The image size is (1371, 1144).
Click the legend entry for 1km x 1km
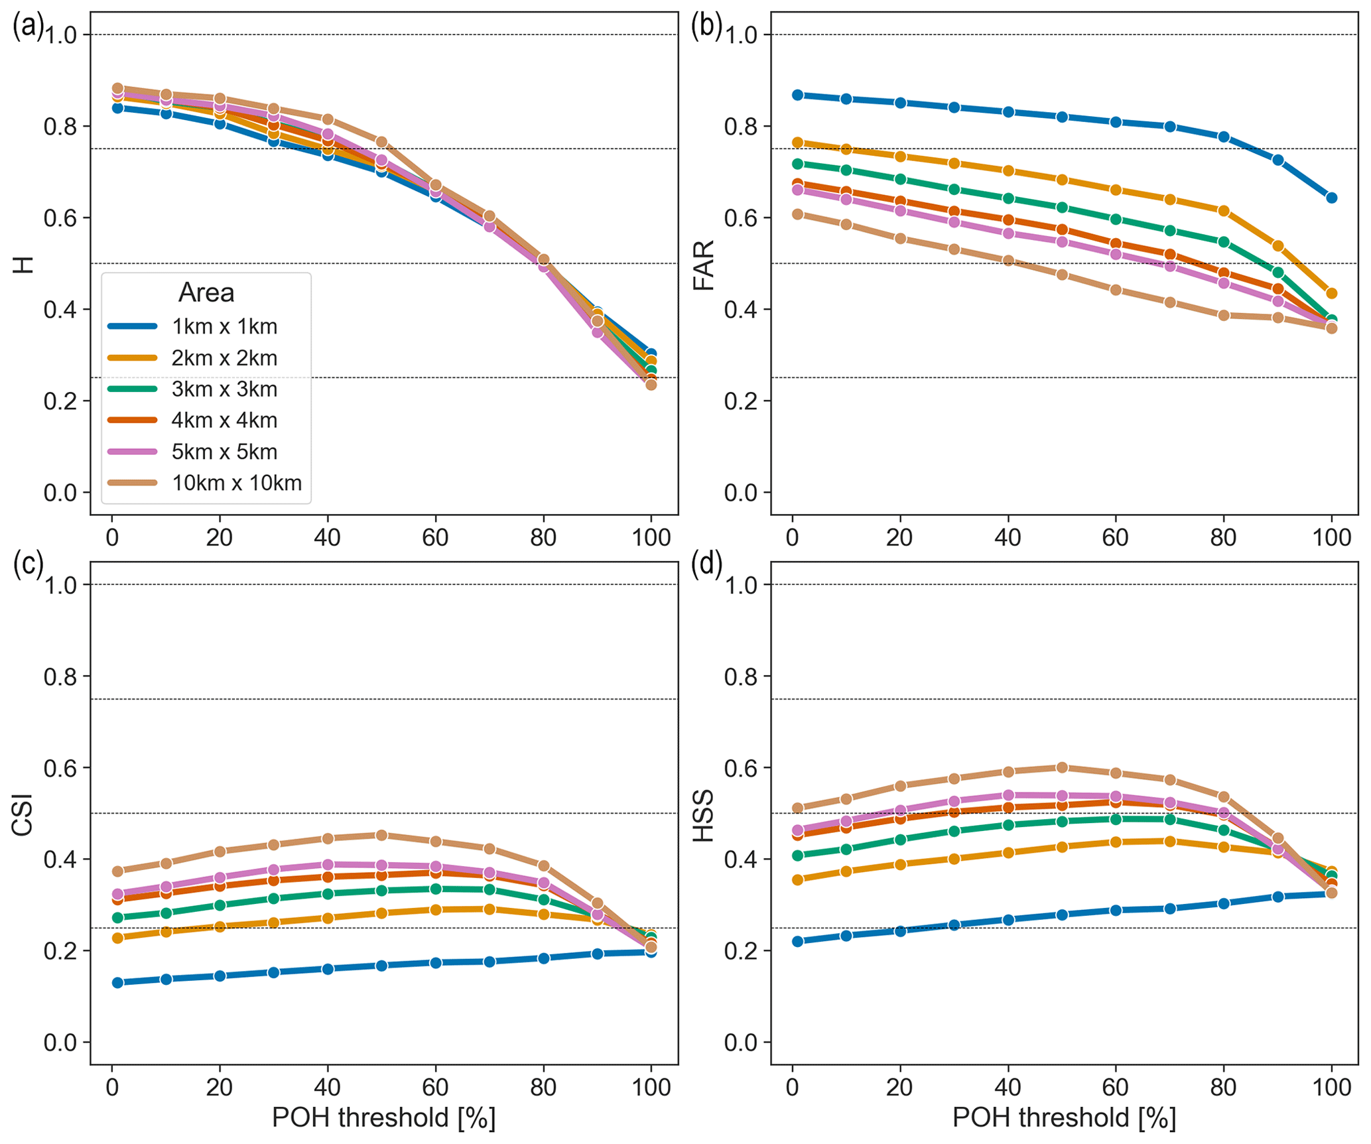(x=224, y=326)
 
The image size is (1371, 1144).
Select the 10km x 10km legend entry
(x=236, y=483)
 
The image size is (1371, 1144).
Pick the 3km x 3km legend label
(x=224, y=389)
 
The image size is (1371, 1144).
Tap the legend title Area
(x=206, y=292)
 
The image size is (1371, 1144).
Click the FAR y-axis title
(x=703, y=265)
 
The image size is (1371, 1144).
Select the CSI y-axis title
(x=23, y=815)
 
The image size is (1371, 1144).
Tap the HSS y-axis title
(x=703, y=815)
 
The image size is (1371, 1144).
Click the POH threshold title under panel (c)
(x=383, y=1117)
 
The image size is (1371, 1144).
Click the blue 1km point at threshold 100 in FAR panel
(x=1331, y=198)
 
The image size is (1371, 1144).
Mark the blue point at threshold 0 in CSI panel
(x=117, y=982)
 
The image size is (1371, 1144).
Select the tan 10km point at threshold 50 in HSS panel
(x=1062, y=767)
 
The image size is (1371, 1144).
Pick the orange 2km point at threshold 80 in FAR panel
(x=1224, y=211)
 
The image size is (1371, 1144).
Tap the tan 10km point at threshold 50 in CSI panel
(x=381, y=835)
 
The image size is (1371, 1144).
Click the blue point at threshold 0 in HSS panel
(x=798, y=941)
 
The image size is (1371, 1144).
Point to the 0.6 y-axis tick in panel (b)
(x=741, y=218)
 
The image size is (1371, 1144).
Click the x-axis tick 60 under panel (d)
(x=1116, y=1087)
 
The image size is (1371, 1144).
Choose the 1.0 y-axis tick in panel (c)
(x=60, y=585)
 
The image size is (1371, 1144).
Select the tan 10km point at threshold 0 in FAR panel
(x=798, y=214)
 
